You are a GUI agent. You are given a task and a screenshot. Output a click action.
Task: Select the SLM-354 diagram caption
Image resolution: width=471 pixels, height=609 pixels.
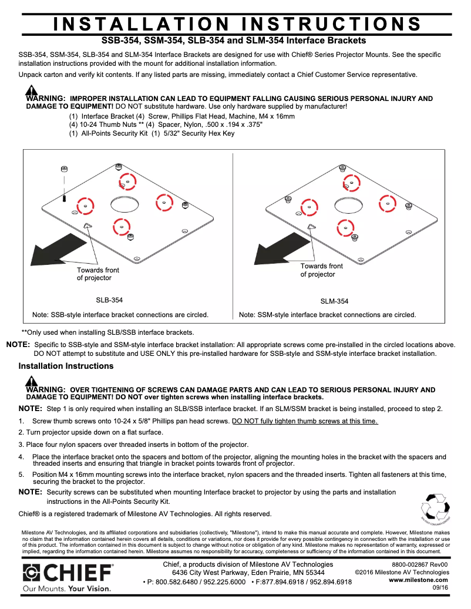(334, 301)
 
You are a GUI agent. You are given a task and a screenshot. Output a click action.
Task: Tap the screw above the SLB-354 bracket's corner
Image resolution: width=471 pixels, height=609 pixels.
(63, 170)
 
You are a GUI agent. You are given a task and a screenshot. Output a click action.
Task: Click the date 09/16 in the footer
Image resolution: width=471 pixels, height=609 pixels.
(440, 587)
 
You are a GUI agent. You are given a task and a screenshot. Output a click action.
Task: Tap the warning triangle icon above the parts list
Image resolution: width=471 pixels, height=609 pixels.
(31, 91)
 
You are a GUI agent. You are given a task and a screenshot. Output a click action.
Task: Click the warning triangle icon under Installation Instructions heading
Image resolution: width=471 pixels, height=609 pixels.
(31, 383)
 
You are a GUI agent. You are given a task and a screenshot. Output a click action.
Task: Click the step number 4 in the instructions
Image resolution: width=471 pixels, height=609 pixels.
(21, 456)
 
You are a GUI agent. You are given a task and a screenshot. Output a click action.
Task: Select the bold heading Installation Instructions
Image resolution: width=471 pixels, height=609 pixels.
(66, 366)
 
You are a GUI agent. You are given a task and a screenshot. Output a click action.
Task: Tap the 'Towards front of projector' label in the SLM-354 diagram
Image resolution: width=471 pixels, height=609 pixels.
(321, 270)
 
